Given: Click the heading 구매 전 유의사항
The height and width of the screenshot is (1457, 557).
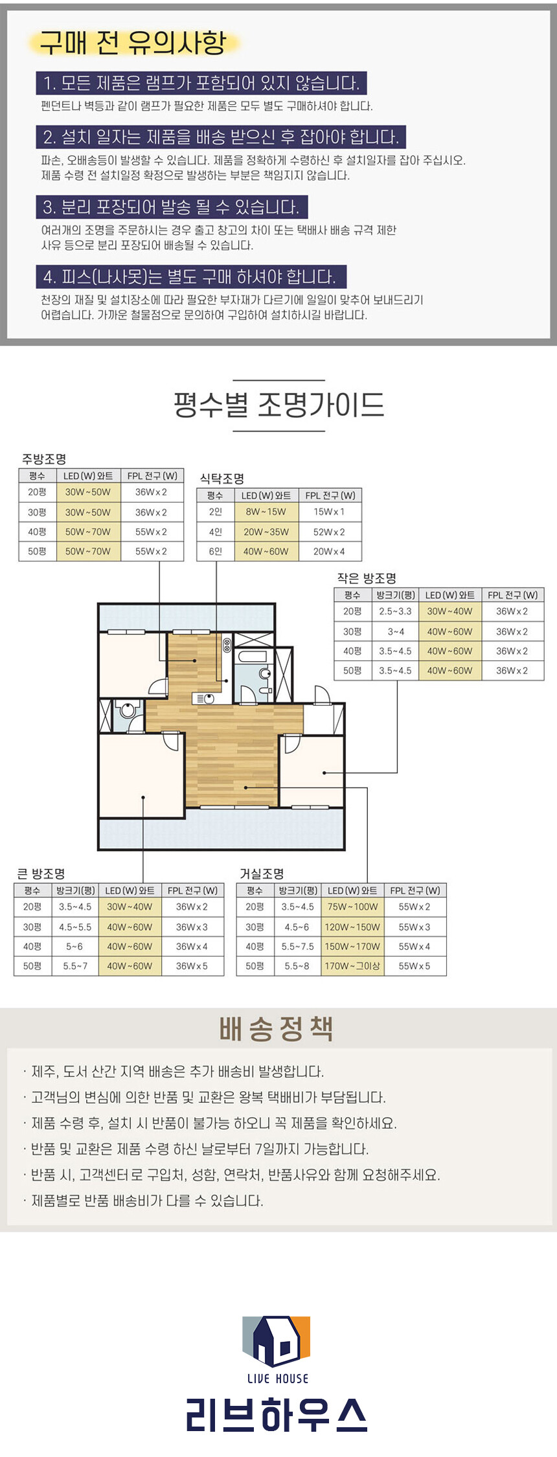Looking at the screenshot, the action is (133, 43).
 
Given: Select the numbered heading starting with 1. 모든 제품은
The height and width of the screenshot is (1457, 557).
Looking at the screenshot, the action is (201, 83).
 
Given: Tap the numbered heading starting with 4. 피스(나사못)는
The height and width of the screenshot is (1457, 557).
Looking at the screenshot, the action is (191, 277).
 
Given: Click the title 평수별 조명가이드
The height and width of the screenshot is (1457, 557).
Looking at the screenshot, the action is (278, 405).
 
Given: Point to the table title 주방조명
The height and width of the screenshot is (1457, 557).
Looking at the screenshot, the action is (44, 460).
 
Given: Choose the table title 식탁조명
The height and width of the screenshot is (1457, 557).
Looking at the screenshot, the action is (222, 479).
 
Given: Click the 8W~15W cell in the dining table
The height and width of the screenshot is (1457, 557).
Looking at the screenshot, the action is (266, 512).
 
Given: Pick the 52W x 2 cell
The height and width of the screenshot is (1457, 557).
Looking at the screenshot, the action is (329, 532).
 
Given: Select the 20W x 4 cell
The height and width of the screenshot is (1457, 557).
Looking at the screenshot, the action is (329, 551).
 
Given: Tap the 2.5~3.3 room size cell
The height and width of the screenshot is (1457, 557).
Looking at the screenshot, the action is (395, 611).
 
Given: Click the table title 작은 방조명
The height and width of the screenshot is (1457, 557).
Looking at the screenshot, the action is (367, 578).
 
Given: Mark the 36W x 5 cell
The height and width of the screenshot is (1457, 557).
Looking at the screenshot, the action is (192, 966).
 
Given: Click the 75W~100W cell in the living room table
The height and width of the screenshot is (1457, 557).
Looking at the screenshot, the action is (352, 907).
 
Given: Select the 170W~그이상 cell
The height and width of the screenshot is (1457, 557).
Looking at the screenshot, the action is (352, 966).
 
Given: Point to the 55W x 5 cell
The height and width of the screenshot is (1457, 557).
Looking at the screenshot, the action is (415, 966).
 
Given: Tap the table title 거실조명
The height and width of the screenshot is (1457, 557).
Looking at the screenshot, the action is (262, 874).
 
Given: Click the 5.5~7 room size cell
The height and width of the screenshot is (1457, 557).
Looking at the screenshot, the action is (74, 966).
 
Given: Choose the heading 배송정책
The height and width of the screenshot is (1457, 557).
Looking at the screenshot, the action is (277, 1028).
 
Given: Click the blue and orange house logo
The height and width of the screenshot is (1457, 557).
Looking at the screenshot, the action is (277, 1341).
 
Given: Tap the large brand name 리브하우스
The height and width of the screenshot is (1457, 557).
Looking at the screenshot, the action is (277, 1414).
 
